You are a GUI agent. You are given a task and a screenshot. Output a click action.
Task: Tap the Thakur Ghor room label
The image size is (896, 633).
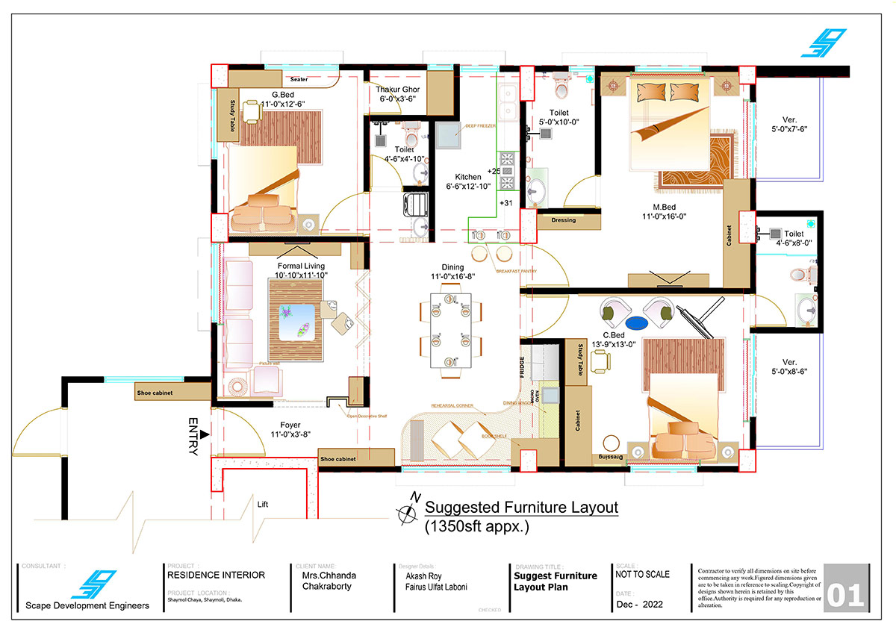click(397, 94)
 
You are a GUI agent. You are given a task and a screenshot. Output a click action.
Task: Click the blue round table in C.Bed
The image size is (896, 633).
click(636, 323)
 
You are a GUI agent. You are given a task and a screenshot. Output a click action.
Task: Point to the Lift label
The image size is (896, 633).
click(262, 505)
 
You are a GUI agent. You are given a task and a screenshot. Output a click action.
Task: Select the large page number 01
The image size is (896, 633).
click(846, 596)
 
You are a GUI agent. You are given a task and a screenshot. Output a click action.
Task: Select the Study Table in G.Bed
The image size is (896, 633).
click(233, 115)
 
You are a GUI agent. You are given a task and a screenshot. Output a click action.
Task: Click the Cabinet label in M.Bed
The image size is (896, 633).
click(729, 235)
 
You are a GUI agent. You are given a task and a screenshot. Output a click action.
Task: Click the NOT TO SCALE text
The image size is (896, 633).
click(642, 575)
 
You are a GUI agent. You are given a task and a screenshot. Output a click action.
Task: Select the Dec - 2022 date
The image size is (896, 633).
click(641, 604)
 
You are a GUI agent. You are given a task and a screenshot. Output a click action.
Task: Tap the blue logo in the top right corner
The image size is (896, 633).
click(824, 43)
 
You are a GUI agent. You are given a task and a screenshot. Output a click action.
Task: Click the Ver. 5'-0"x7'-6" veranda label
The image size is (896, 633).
click(789, 124)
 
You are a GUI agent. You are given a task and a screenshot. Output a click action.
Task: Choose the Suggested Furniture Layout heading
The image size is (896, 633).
click(521, 508)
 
